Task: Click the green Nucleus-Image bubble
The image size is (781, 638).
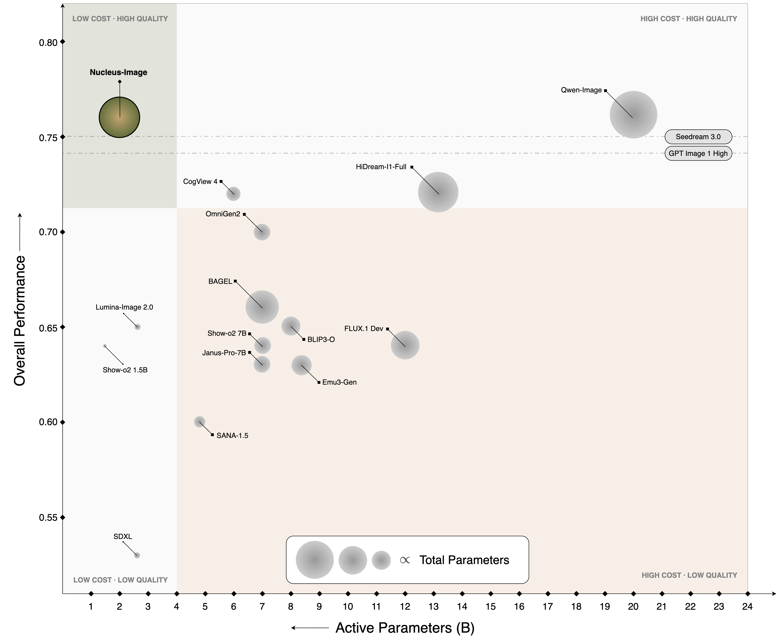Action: [119, 117]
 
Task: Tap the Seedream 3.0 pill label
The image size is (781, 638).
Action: [698, 137]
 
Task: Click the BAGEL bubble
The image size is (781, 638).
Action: [262, 307]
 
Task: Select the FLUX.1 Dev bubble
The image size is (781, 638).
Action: [405, 345]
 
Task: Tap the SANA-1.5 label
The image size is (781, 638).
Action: [232, 435]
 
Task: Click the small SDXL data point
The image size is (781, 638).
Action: [137, 555]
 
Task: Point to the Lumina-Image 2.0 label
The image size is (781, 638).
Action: [124, 307]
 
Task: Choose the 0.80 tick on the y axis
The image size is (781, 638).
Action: [63, 42]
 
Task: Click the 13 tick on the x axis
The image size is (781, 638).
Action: [434, 594]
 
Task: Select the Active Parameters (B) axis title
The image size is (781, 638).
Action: [405, 628]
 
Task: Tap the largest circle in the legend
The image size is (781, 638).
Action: [314, 560]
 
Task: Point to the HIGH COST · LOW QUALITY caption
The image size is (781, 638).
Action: [689, 575]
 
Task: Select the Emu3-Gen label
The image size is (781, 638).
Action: [339, 382]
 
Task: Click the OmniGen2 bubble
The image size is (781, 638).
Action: [262, 232]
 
